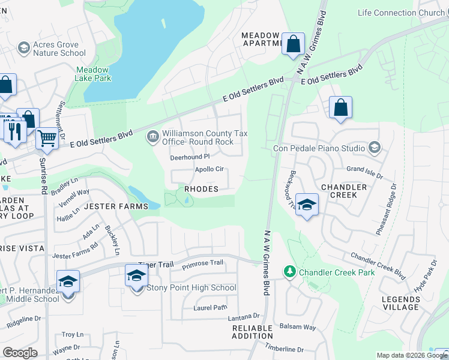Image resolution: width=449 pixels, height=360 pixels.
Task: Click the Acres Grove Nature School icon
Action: tap(24, 47)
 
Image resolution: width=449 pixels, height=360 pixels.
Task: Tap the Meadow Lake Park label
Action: tap(93, 74)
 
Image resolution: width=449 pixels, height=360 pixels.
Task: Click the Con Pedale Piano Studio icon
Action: tap(375, 148)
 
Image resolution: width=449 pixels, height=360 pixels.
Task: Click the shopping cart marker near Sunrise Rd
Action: tap(47, 139)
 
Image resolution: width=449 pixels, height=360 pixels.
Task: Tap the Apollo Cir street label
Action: tap(209, 169)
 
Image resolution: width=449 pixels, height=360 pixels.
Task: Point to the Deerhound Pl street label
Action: tap(189, 157)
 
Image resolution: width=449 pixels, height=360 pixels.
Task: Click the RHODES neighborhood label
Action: tap(201, 189)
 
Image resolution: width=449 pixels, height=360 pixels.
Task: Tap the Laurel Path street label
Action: tap(211, 307)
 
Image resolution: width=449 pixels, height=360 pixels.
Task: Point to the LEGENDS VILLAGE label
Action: tap(400, 303)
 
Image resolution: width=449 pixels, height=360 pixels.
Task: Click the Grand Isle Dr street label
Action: tap(364, 170)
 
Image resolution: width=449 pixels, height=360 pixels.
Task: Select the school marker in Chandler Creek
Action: tap(307, 205)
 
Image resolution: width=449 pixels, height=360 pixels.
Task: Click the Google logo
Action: tap(20, 353)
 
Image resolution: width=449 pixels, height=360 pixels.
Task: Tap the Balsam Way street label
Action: tap(298, 327)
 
